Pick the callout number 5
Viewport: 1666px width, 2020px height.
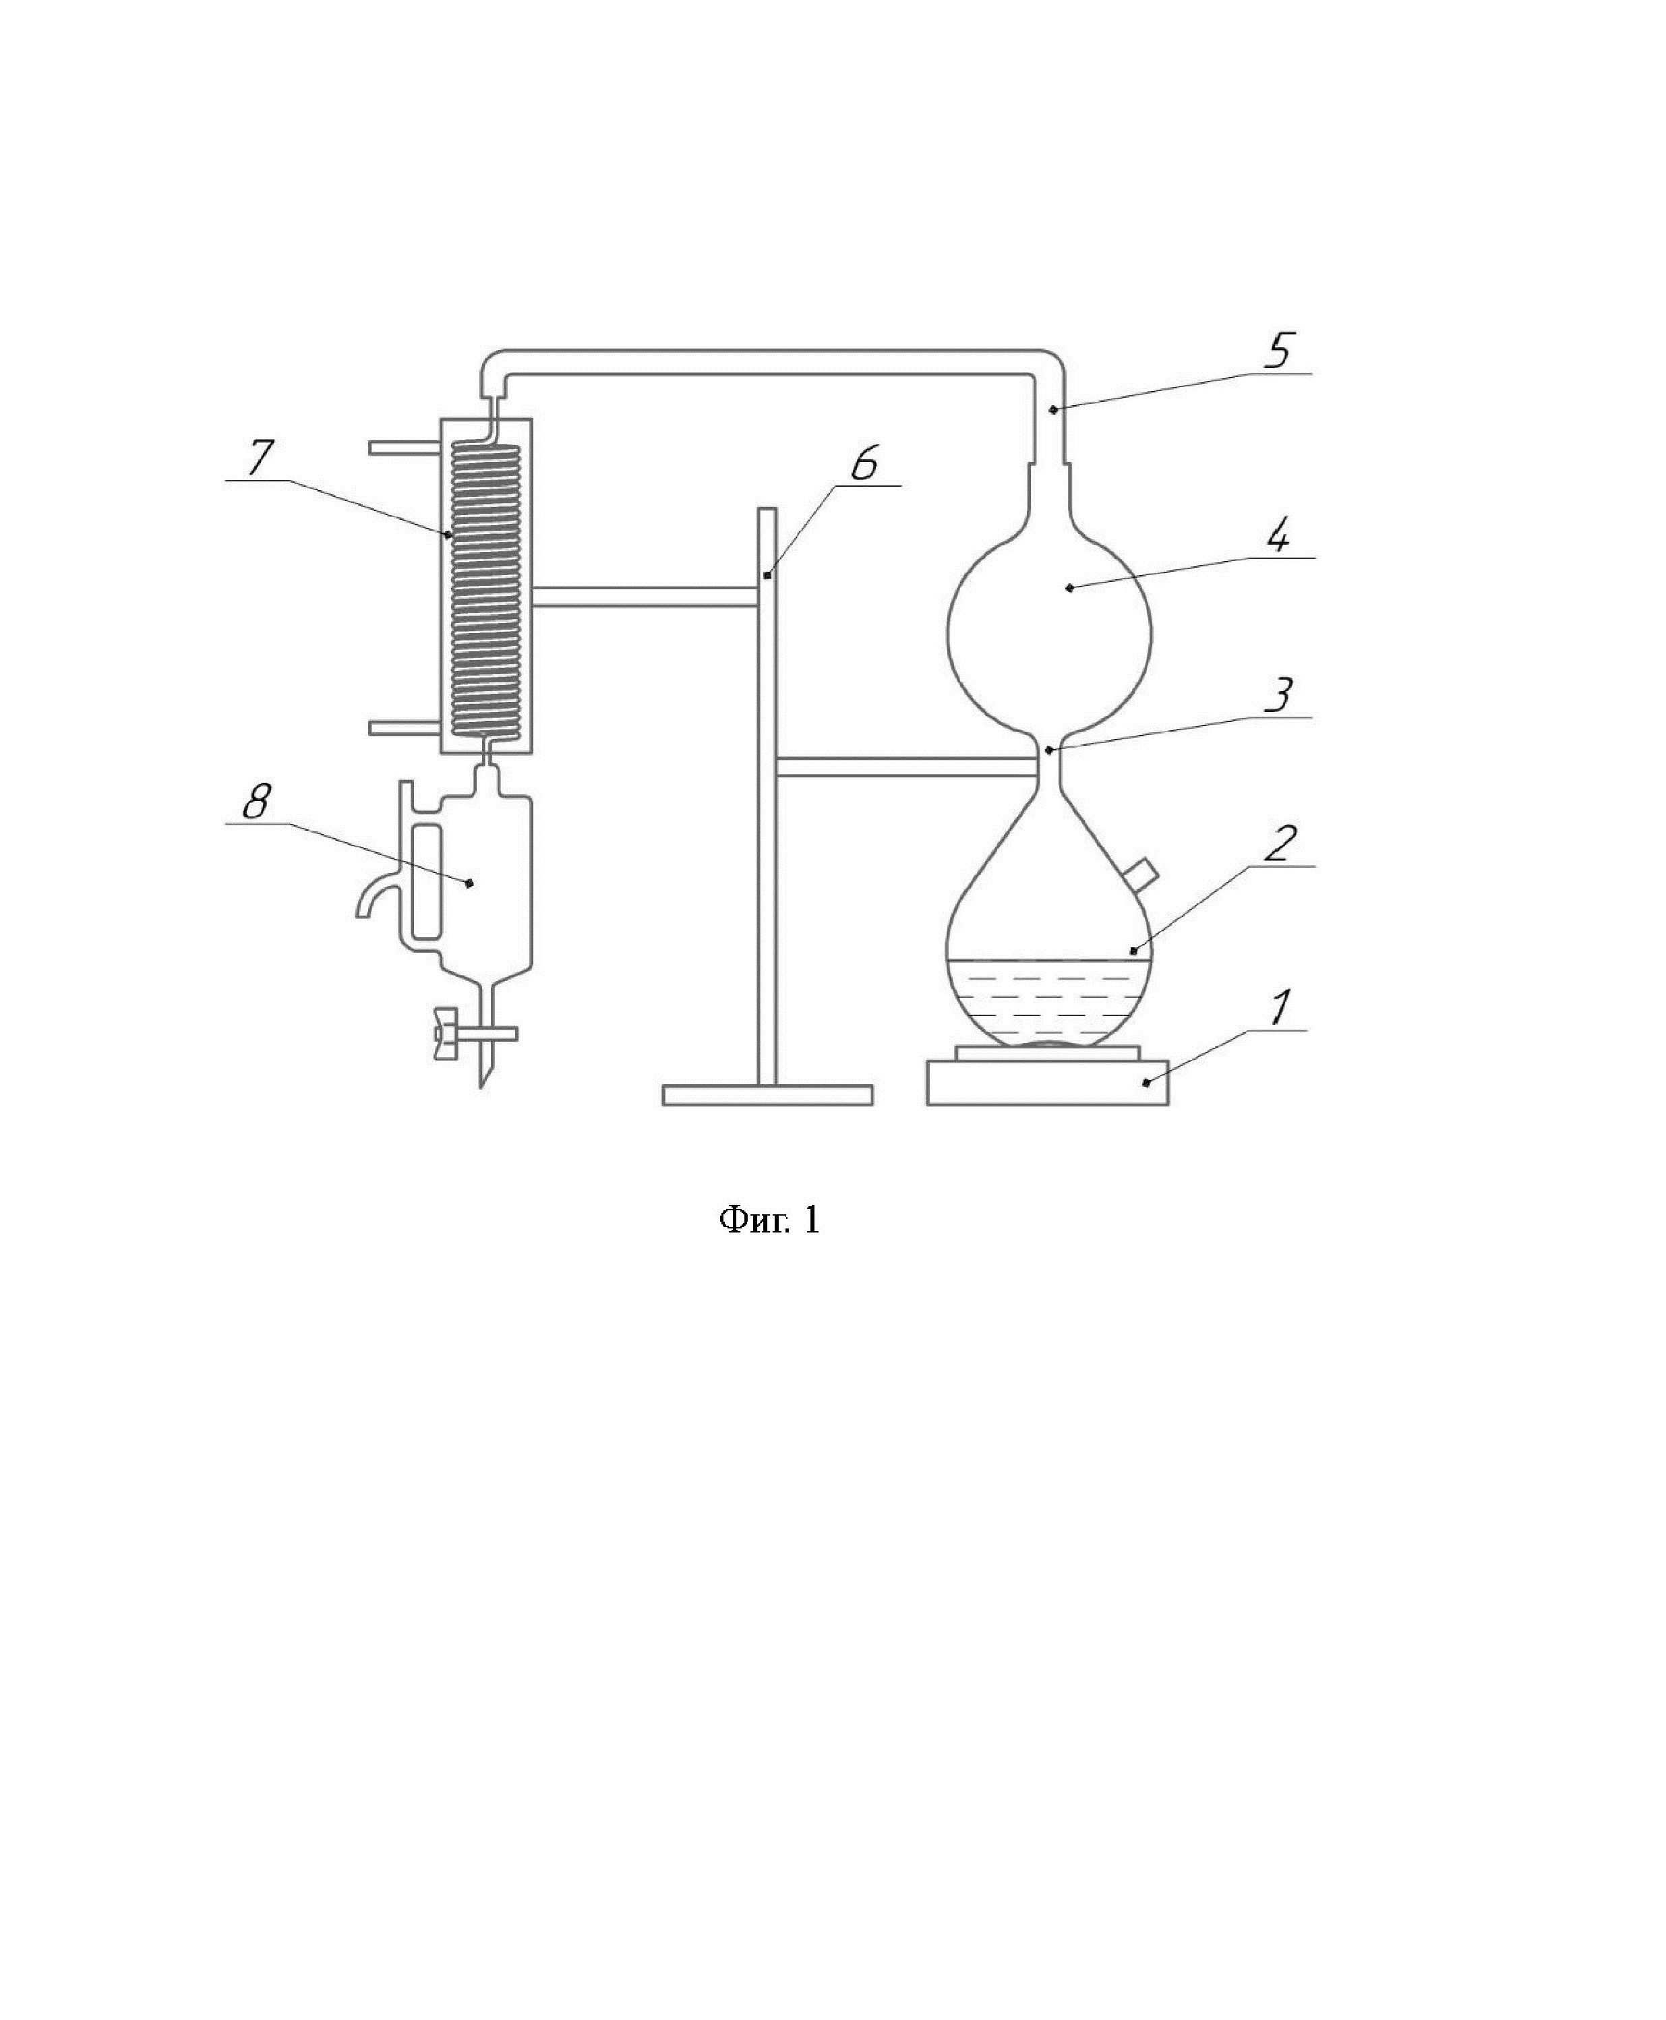pos(1278,351)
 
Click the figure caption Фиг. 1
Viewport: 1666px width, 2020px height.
pos(770,1220)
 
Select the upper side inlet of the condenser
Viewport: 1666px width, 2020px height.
pos(404,448)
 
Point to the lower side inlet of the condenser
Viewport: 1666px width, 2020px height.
pos(404,727)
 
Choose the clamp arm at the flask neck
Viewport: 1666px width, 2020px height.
pos(907,766)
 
